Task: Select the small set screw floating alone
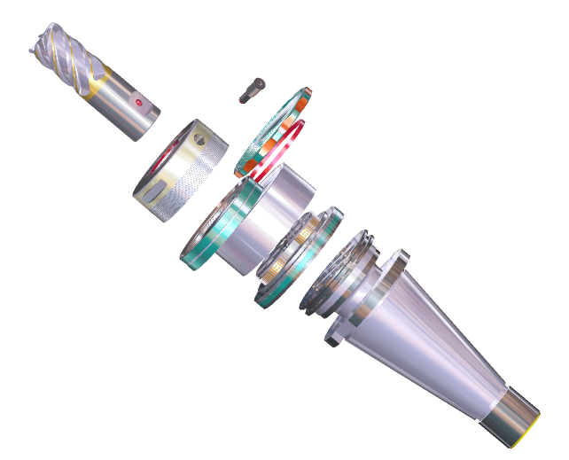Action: pos(252,89)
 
